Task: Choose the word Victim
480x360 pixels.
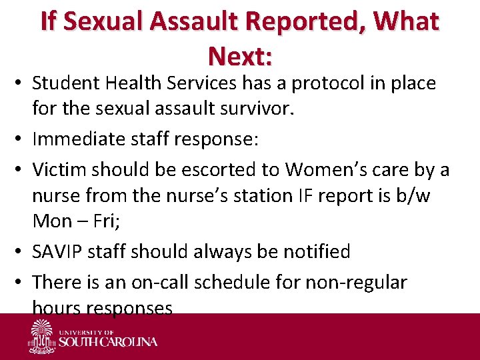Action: click(60, 171)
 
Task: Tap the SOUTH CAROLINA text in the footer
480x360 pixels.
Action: click(109, 342)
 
